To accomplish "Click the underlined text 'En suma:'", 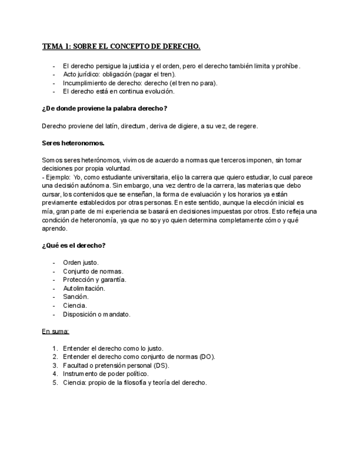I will click(56, 331).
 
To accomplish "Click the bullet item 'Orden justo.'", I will click(81, 262).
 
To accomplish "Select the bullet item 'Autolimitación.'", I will click(84, 288).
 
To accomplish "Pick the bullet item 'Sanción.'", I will click(76, 297).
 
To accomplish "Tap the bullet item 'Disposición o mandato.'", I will click(97, 314).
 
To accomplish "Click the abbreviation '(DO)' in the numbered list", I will click(207, 357).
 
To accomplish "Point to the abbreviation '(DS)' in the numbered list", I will click(160, 365).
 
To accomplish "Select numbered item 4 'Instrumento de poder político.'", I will click(106, 374).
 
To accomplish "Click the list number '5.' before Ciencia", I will click(56, 382).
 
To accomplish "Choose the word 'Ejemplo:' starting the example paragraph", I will click(58, 177).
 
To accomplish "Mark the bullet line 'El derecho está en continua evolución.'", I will click(119, 91).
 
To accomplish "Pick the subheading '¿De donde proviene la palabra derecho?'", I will click(104, 108).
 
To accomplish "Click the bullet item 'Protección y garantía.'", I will click(95, 279).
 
